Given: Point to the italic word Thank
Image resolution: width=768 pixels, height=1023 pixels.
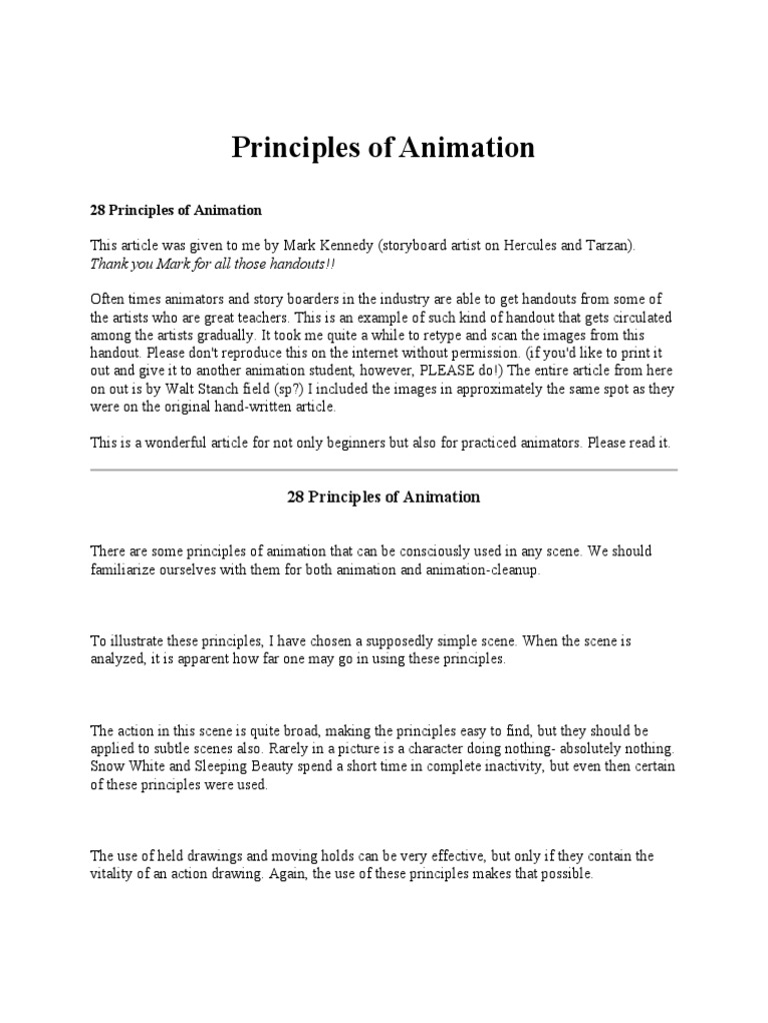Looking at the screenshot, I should (x=110, y=264).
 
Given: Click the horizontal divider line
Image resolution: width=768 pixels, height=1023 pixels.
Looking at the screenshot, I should (x=384, y=469).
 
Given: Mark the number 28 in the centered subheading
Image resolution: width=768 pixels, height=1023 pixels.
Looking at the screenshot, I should (x=296, y=497).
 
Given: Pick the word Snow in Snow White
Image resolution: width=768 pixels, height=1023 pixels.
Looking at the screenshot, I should (x=108, y=766).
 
